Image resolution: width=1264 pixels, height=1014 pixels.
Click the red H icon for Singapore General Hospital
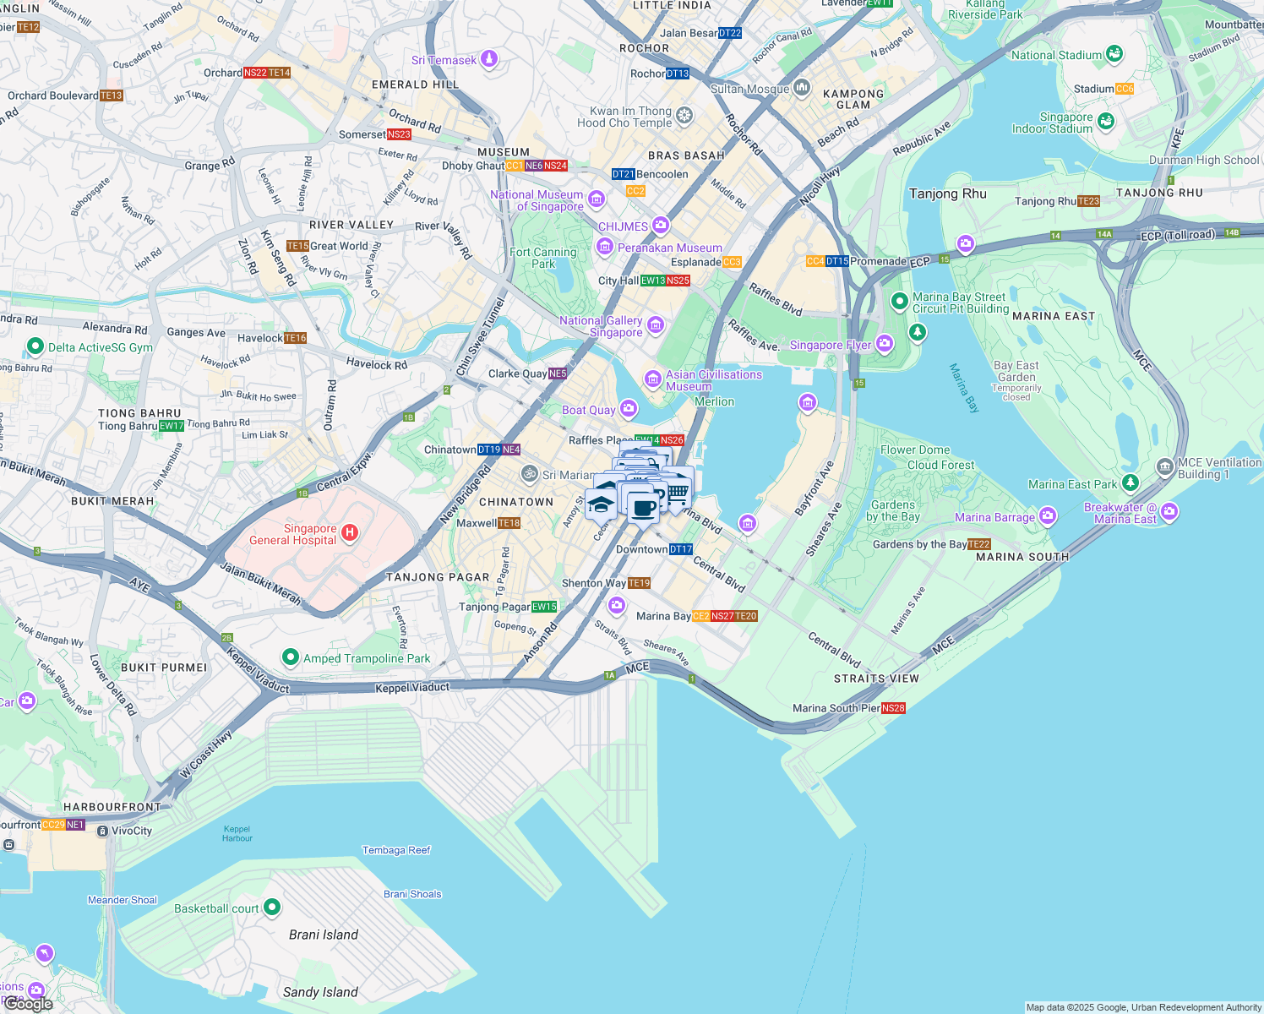[x=350, y=533]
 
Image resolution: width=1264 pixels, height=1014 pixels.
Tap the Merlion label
[x=714, y=401]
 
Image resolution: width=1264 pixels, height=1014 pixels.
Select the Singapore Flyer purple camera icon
[x=885, y=343]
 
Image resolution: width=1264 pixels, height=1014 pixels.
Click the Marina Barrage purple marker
[x=1048, y=515]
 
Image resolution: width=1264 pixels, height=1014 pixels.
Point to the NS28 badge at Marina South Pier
[x=893, y=708]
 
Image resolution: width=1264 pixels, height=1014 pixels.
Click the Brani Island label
[x=323, y=935]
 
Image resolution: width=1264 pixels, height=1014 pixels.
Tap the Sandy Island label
[x=320, y=992]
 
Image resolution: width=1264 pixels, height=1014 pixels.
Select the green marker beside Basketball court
[x=272, y=908]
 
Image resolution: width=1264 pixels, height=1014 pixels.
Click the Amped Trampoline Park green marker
[x=291, y=657]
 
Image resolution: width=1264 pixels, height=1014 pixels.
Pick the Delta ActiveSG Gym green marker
[x=35, y=346]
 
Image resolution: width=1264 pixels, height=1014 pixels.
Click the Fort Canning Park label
[x=542, y=258]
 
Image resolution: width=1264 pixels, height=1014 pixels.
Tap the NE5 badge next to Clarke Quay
[x=558, y=373]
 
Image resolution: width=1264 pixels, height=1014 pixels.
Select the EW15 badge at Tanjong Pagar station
[x=544, y=607]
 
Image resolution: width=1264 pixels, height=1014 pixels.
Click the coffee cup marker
[x=643, y=508]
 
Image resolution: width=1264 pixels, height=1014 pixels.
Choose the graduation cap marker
[x=601, y=504]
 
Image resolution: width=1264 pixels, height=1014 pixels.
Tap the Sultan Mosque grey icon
[x=802, y=88]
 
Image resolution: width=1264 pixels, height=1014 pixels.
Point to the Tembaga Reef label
[x=396, y=850]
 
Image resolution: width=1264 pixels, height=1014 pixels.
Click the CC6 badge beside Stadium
[x=1125, y=89]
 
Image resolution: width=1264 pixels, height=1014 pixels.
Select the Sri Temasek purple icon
[x=489, y=59]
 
